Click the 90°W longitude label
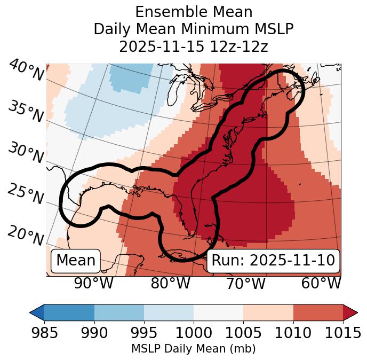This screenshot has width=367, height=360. click(93, 283)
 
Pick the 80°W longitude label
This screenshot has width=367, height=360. click(171, 283)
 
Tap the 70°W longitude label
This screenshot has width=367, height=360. click(245, 283)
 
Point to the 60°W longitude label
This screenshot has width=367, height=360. click(321, 283)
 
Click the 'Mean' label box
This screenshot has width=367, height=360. click(76, 261)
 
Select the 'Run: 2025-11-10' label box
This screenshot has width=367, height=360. click(273, 261)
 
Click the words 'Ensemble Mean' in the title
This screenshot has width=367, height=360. click(194, 12)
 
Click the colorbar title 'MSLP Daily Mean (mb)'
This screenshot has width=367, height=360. click(194, 349)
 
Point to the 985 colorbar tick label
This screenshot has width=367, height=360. click(44, 333)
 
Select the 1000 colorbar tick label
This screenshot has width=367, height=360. click(194, 333)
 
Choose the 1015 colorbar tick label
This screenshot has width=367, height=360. click(343, 333)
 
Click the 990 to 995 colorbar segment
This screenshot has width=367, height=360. click(119, 312)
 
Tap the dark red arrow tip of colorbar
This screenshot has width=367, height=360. click(350, 312)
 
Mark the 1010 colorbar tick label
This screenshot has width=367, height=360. click(293, 333)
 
